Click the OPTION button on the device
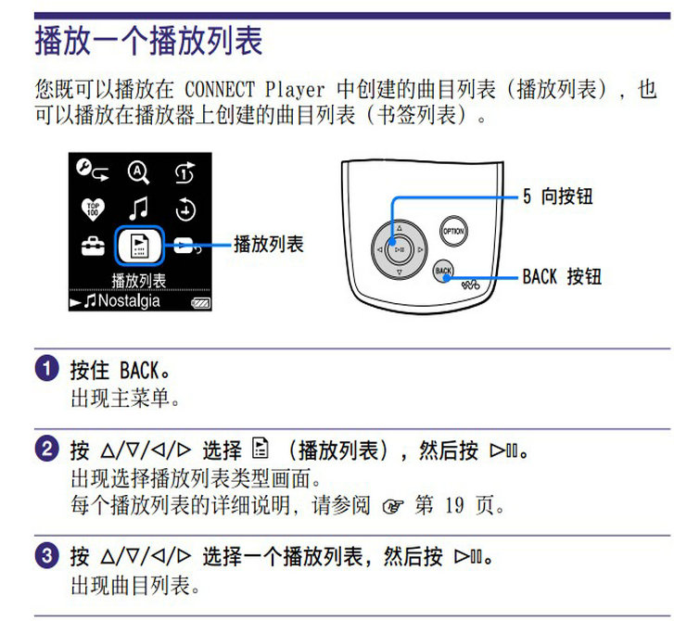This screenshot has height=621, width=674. tap(453, 231)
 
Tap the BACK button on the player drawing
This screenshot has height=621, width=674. tap(443, 271)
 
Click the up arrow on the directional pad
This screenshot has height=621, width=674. tap(400, 228)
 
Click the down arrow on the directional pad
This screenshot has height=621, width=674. tap(400, 272)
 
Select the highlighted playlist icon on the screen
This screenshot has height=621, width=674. tap(139, 246)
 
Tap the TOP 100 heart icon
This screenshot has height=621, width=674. tap(93, 209)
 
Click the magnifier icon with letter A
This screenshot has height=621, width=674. tap(138, 172)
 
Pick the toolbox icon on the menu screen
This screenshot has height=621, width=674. tap(93, 246)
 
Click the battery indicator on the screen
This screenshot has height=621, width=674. tap(201, 303)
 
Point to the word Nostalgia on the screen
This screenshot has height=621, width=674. tap(129, 301)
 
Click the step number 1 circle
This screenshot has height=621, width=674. tap(47, 369)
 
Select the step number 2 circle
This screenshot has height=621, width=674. tap(47, 450)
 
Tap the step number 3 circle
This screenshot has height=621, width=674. tap(47, 556)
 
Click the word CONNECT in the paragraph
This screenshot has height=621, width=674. tap(220, 90)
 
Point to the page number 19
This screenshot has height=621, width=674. tap(454, 505)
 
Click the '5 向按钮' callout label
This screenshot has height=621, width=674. tap(558, 196)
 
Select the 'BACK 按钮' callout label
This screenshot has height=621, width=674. tap(562, 276)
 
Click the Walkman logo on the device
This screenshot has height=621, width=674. tap(471, 285)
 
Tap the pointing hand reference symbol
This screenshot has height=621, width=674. tap(393, 506)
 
